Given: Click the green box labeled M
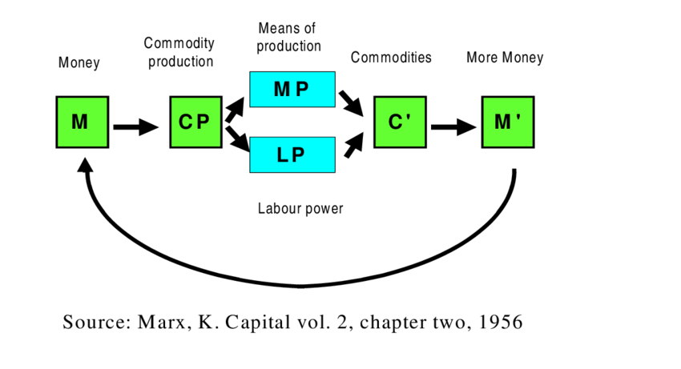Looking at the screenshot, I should pyautogui.click(x=82, y=122).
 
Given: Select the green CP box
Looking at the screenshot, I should pyautogui.click(x=195, y=122).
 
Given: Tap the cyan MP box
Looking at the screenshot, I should pyautogui.click(x=292, y=89).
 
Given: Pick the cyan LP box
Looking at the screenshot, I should pyautogui.click(x=292, y=154).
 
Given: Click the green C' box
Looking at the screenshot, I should pyautogui.click(x=400, y=122).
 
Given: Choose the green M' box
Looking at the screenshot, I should pyautogui.click(x=507, y=122).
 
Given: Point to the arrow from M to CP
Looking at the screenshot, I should pyautogui.click(x=136, y=126).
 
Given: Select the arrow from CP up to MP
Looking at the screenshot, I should pyautogui.click(x=235, y=110).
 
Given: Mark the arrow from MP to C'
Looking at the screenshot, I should pyautogui.click(x=352, y=102).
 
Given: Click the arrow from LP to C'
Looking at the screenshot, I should pyautogui.click(x=352, y=144).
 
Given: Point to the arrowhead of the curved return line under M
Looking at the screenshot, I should pyautogui.click(x=84, y=163).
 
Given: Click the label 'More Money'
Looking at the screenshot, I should pyautogui.click(x=505, y=58).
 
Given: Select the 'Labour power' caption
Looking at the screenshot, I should pyautogui.click(x=300, y=209).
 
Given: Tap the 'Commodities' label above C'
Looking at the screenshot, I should pyautogui.click(x=391, y=58).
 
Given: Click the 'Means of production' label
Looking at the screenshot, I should pyautogui.click(x=288, y=37).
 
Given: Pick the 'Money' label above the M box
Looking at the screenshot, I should pyautogui.click(x=79, y=62).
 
